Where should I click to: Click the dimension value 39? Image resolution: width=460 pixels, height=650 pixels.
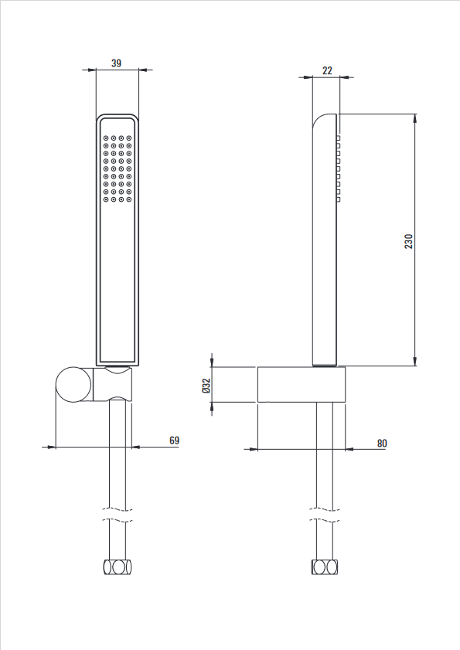[x=116, y=63]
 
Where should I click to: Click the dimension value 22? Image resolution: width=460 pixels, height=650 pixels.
[x=327, y=70]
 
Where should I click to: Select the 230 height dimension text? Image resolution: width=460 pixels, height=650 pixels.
[x=408, y=241]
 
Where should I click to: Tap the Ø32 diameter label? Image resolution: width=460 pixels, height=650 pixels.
[x=206, y=386]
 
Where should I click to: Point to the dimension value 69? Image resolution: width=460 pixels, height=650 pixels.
[x=174, y=441]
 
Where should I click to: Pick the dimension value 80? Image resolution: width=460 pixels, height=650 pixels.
[x=382, y=443]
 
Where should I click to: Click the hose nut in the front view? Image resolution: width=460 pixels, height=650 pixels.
[x=118, y=567]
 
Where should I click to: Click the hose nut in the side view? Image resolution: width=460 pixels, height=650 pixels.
[x=325, y=567]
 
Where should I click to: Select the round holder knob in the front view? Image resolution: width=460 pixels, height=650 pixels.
[x=73, y=384]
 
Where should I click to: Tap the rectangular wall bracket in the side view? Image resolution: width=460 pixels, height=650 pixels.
[x=302, y=384]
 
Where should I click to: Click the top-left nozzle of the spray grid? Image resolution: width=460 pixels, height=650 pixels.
[x=106, y=138]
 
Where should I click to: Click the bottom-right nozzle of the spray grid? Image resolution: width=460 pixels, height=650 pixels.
[x=129, y=199]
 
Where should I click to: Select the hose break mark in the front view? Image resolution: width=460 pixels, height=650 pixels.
[x=118, y=515]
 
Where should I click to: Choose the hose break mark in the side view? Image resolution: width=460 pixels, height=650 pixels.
[x=325, y=515]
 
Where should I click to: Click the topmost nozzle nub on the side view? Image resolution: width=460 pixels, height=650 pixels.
[x=339, y=138]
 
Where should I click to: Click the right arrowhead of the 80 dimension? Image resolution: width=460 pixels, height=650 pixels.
[x=350, y=448]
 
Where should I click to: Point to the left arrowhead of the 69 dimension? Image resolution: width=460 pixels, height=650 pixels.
[x=49, y=447]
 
